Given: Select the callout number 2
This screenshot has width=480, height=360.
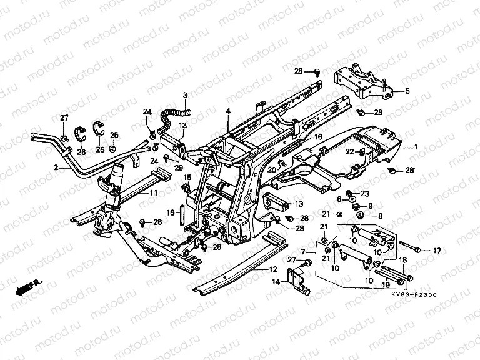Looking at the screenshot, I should click(x=56, y=167).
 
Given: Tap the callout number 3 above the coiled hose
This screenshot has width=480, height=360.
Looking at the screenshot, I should click(x=185, y=95).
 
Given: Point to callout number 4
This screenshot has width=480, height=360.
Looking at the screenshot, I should click(x=228, y=111).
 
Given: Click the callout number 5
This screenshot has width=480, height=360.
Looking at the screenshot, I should click(x=407, y=91).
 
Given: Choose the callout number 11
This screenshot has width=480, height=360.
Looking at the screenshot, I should click(x=152, y=194).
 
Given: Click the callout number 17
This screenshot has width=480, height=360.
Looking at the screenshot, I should click(x=437, y=251).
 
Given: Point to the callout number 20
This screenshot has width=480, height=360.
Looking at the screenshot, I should click(x=272, y=169).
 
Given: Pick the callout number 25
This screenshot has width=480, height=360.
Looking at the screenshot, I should click(x=114, y=135).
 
